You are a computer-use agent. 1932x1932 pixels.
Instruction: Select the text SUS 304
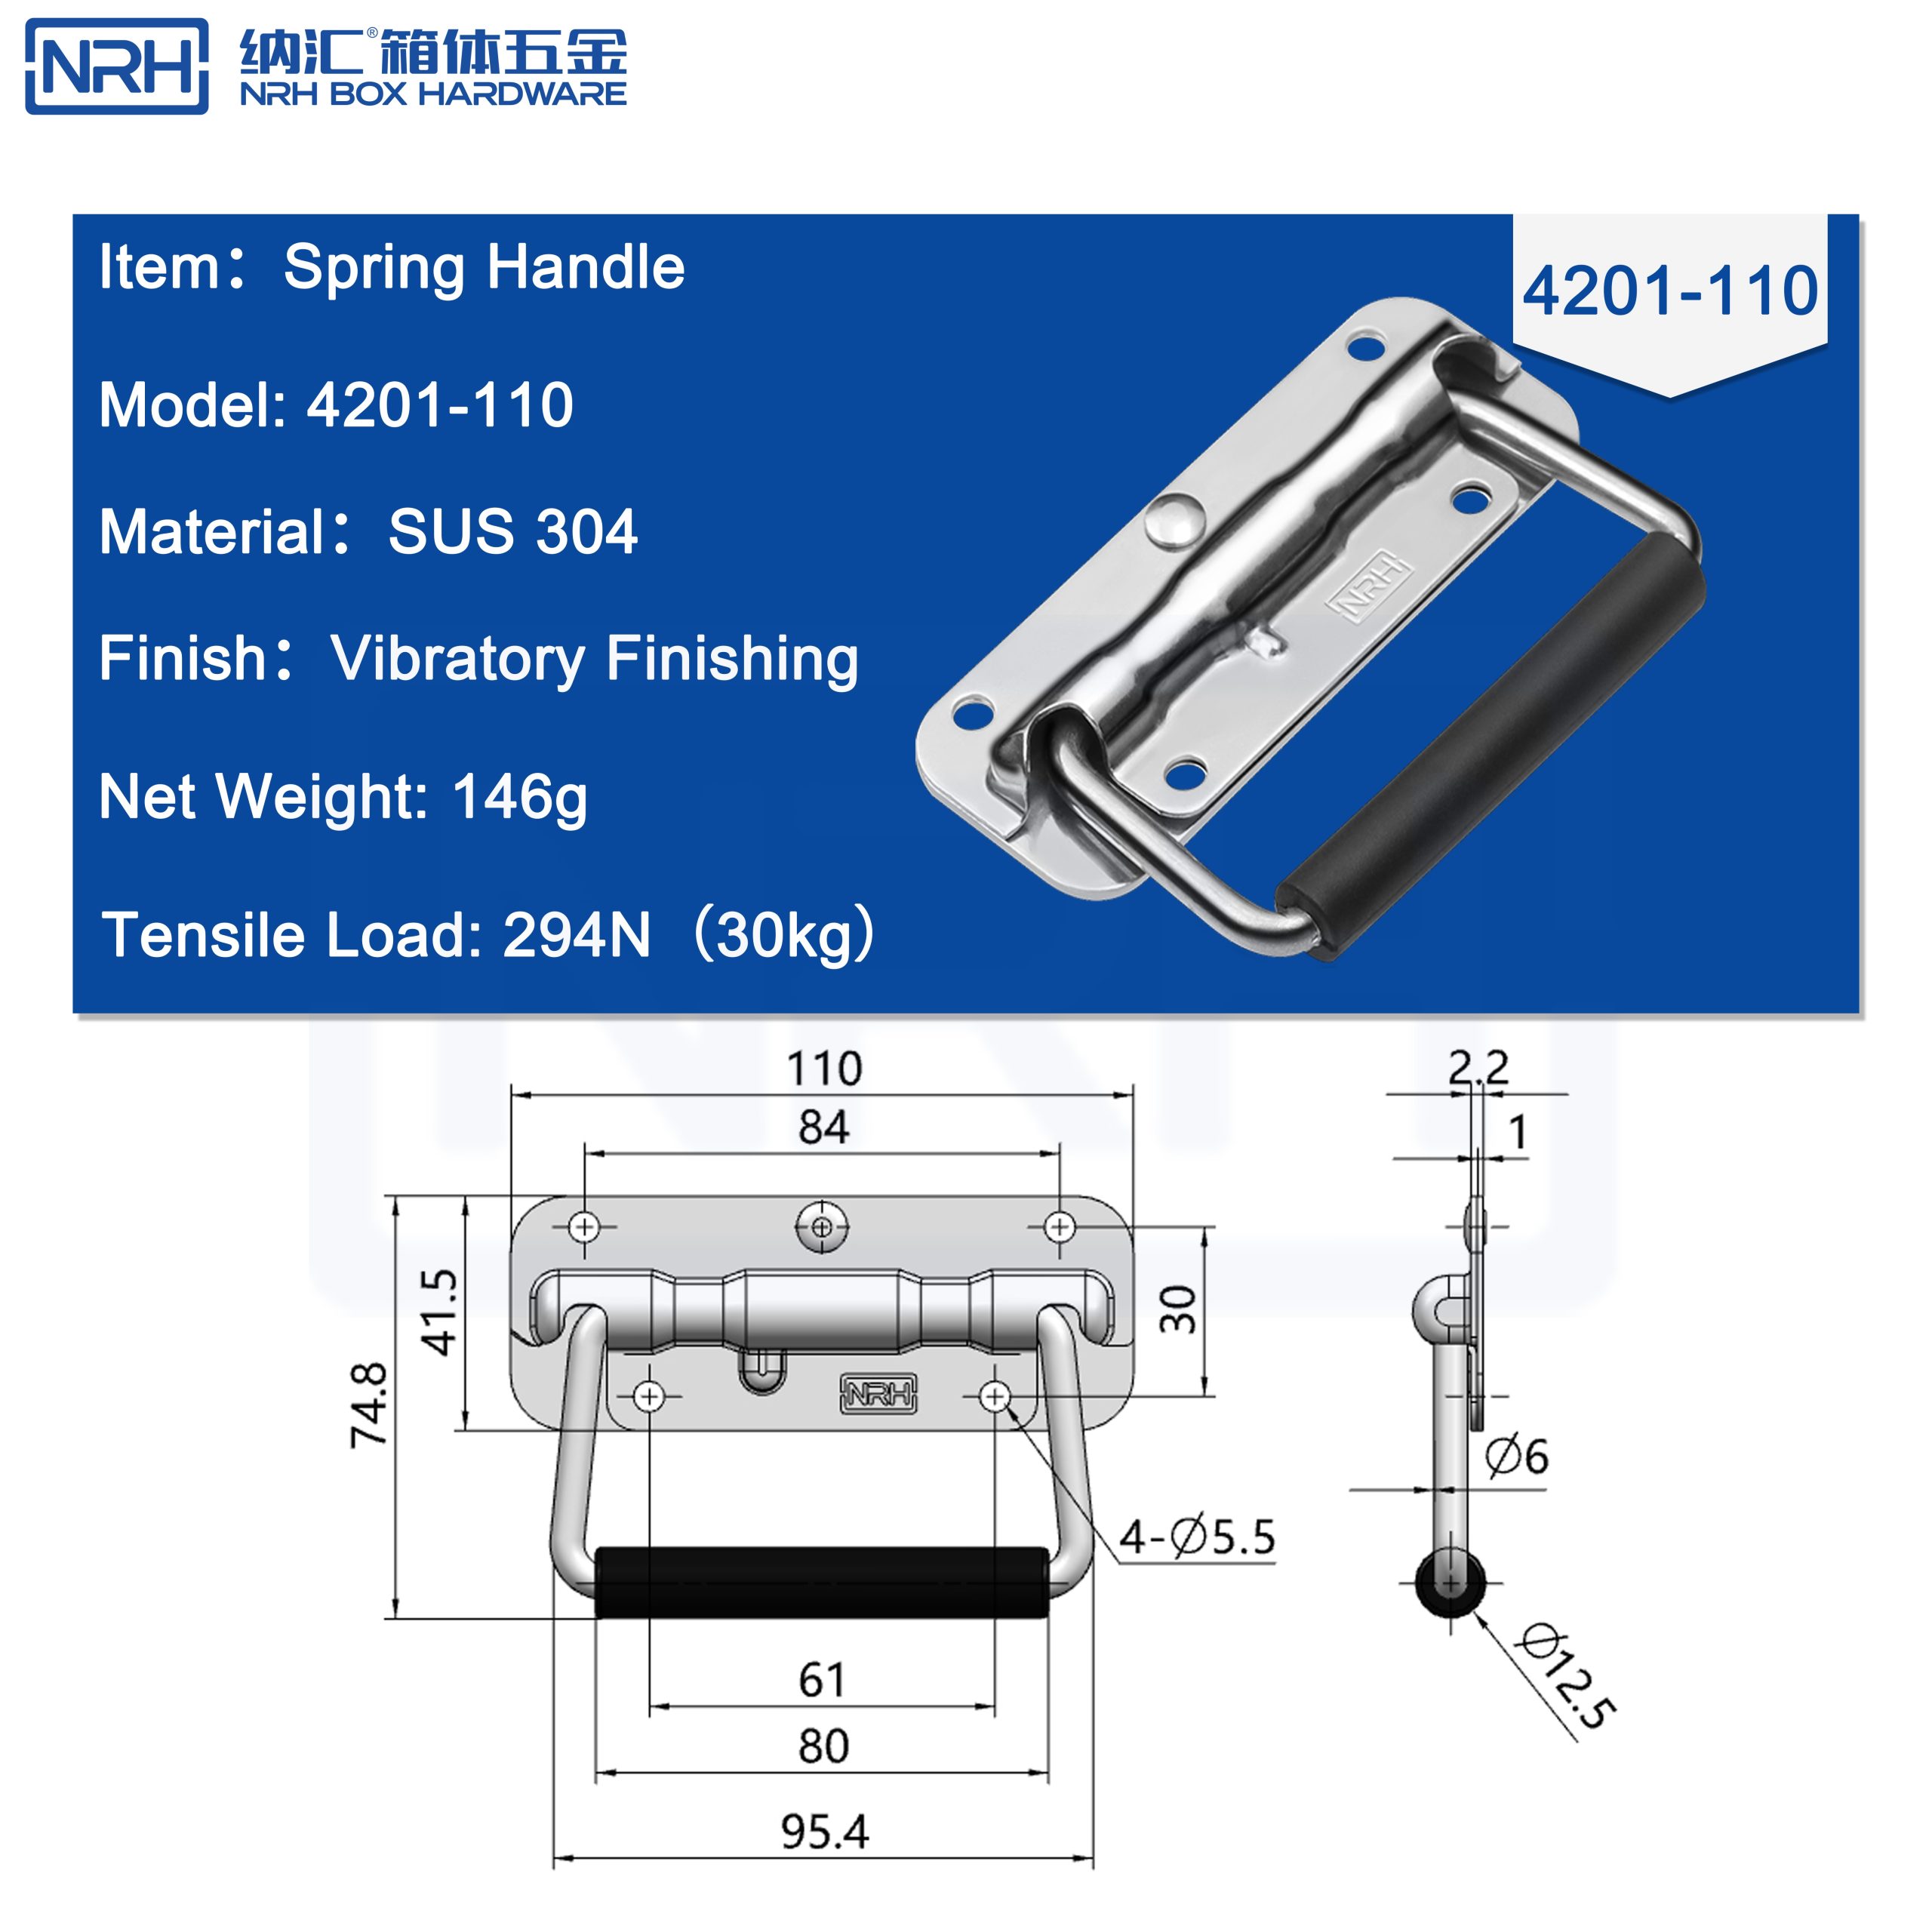tap(512, 531)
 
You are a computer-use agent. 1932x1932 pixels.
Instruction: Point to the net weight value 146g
tap(519, 797)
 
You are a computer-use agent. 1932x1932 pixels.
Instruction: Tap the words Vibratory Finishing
tap(594, 659)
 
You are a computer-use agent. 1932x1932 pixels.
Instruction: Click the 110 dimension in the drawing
tap(824, 1069)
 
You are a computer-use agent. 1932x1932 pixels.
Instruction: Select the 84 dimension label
tap(823, 1127)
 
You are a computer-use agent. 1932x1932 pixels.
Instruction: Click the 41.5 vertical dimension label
tap(440, 1311)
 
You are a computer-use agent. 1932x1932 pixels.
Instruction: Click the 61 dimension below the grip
tap(822, 1679)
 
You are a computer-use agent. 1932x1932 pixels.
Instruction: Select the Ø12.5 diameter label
tap(1565, 1690)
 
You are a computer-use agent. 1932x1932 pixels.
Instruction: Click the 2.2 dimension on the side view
tap(1478, 1068)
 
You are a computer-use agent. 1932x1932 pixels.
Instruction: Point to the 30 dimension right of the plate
tap(1178, 1310)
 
